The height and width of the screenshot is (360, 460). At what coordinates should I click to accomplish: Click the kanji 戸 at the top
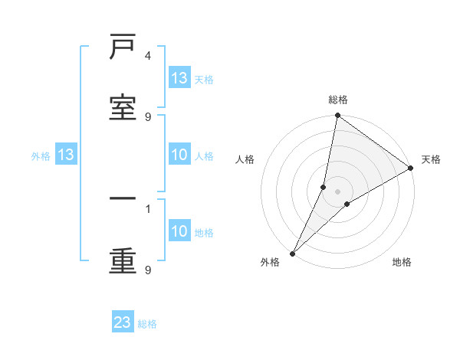[123, 48]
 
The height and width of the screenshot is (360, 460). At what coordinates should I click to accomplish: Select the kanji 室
[123, 108]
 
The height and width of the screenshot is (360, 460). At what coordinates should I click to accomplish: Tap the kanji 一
[123, 201]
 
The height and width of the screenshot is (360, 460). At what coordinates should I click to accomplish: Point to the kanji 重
[123, 261]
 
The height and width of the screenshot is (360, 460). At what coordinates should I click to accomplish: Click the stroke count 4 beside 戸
[148, 56]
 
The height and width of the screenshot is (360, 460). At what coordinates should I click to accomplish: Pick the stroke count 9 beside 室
[148, 117]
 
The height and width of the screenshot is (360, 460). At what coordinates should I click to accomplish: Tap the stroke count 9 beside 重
[148, 270]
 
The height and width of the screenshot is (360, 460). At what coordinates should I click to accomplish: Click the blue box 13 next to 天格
[179, 78]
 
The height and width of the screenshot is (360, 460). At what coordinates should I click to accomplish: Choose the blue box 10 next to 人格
[179, 155]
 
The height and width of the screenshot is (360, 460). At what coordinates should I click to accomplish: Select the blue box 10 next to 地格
[179, 231]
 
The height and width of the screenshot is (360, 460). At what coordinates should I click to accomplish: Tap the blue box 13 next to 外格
[66, 155]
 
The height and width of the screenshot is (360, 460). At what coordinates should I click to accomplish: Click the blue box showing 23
[123, 322]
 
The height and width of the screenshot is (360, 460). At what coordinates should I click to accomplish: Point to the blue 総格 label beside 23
[148, 324]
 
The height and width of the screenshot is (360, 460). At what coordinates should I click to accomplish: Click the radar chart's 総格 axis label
[338, 100]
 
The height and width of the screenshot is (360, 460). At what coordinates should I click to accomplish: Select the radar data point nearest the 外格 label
[293, 253]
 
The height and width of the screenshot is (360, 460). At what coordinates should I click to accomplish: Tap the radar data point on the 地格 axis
[347, 204]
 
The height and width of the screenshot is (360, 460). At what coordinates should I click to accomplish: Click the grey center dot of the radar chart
[338, 191]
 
